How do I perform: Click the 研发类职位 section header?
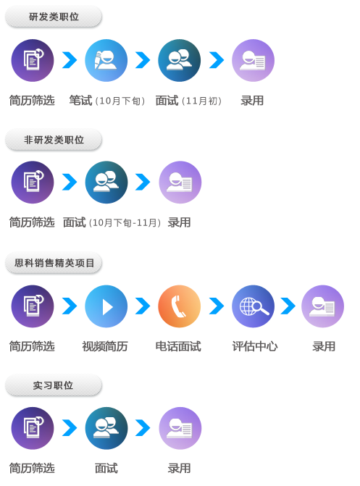[x=54, y=17]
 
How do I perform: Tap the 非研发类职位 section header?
[x=54, y=140]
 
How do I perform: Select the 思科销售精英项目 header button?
[x=54, y=263]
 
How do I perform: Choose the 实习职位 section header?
[x=54, y=385]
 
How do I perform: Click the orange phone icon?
[x=180, y=306]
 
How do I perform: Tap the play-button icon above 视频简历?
[x=106, y=306]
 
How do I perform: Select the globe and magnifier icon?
[x=254, y=306]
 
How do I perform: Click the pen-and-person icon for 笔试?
[x=106, y=60]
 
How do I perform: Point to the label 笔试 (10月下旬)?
[x=107, y=101]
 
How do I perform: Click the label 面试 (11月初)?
[x=188, y=101]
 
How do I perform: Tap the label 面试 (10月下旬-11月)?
[x=112, y=222]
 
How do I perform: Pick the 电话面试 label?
[x=178, y=346]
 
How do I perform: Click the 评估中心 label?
[x=255, y=346]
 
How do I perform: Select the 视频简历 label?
[x=105, y=346]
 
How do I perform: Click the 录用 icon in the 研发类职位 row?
[x=254, y=60]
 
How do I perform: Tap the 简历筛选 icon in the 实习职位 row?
[x=33, y=428]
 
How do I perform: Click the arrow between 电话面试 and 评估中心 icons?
[x=217, y=306]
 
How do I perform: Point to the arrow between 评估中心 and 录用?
[x=288, y=306]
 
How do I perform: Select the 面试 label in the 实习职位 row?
[x=106, y=468]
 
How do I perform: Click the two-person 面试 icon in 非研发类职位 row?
[x=106, y=183]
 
